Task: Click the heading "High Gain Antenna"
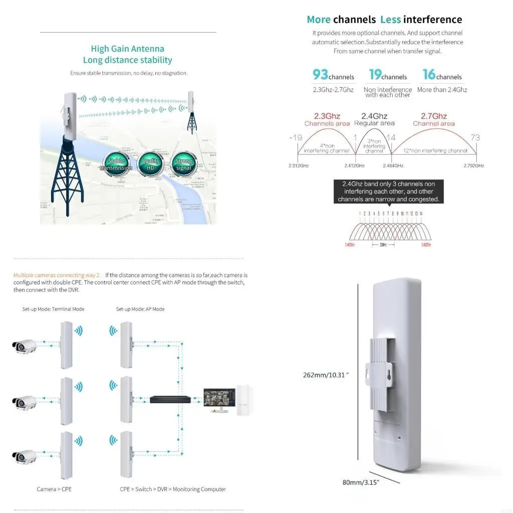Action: pos(127,49)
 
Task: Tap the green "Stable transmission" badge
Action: pos(116,164)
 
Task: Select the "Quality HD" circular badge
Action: pos(150,164)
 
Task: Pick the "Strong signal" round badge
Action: pos(184,164)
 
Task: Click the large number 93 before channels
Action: pos(321,75)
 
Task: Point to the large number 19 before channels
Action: pos(375,75)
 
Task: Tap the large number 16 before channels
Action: pos(429,75)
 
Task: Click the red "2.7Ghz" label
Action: pos(433,116)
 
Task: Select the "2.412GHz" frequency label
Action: pos(355,165)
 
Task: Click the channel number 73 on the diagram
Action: pos(475,137)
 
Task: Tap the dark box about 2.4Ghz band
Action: pos(388,191)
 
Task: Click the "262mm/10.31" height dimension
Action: pos(326,375)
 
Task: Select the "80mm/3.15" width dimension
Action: pos(361,482)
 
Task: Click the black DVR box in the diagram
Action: pos(170,399)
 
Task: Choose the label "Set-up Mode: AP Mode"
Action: pos(140,309)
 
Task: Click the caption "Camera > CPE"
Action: pos(54,489)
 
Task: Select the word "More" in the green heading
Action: pos(319,20)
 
